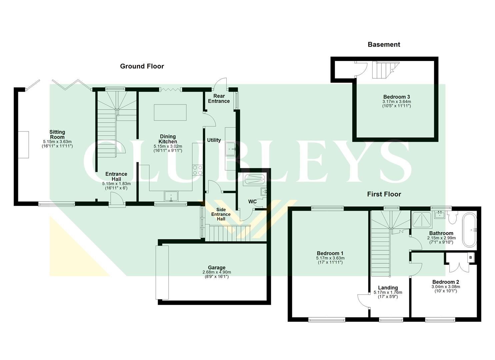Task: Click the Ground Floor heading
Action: point(142,66)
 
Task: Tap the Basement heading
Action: point(384,44)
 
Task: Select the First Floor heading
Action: point(384,194)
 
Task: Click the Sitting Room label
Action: point(57,134)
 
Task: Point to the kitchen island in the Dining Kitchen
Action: point(170,112)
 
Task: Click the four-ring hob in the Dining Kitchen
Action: point(198,170)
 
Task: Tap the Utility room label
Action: point(214,140)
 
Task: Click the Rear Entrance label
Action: point(219,99)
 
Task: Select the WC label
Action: point(252,202)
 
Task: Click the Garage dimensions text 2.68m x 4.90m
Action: point(217,272)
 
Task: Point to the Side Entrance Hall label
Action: point(221,214)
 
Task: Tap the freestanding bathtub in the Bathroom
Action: point(469,230)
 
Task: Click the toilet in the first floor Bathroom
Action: point(452,218)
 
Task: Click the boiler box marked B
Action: point(471,257)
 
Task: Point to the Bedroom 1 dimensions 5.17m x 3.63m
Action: point(330,258)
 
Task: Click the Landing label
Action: point(388,288)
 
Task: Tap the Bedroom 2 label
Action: point(446,282)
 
